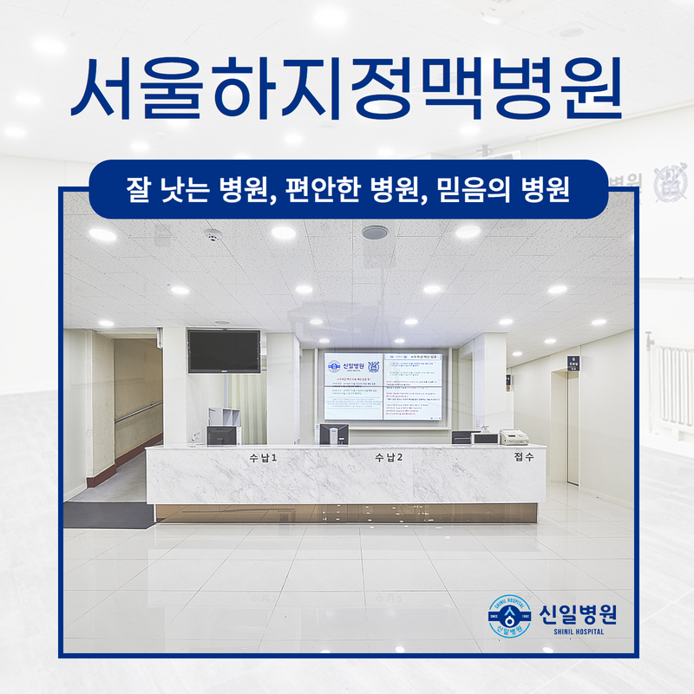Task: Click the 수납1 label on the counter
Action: [x=262, y=457]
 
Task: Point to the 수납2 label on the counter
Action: [x=389, y=457]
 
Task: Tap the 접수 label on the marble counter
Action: [x=523, y=456]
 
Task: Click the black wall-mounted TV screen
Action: [x=223, y=350]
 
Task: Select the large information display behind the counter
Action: [x=383, y=386]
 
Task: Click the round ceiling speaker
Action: [x=374, y=232]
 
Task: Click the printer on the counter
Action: [x=514, y=435]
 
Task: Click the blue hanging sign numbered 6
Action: [x=573, y=363]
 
